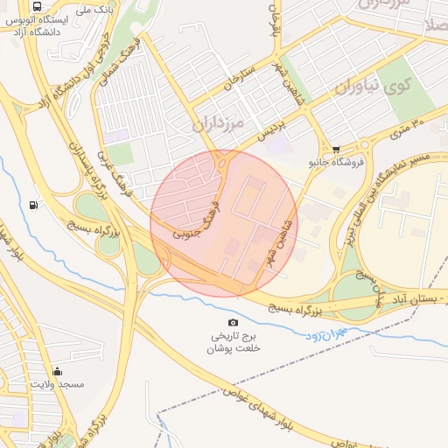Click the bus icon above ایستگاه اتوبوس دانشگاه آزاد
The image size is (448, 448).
tap(36, 6)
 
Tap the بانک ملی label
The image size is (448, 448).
tap(94, 9)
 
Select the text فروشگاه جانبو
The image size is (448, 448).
tap(330, 163)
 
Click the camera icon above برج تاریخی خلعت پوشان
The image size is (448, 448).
tap(232, 323)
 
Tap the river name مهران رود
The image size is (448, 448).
tap(329, 333)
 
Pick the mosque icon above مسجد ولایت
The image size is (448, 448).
tap(57, 371)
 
